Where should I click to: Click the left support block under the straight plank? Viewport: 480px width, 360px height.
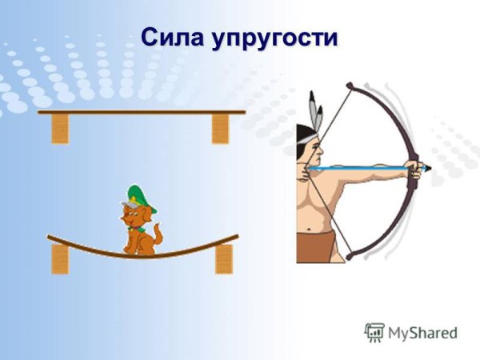click(x=60, y=128)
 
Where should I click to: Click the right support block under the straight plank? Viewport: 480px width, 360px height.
click(x=220, y=128)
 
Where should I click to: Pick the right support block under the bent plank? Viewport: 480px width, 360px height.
click(x=223, y=258)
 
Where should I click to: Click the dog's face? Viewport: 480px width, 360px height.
click(x=134, y=217)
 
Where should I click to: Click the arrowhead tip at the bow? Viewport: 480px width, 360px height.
click(x=427, y=168)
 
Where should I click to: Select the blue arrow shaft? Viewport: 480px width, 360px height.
click(x=360, y=169)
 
